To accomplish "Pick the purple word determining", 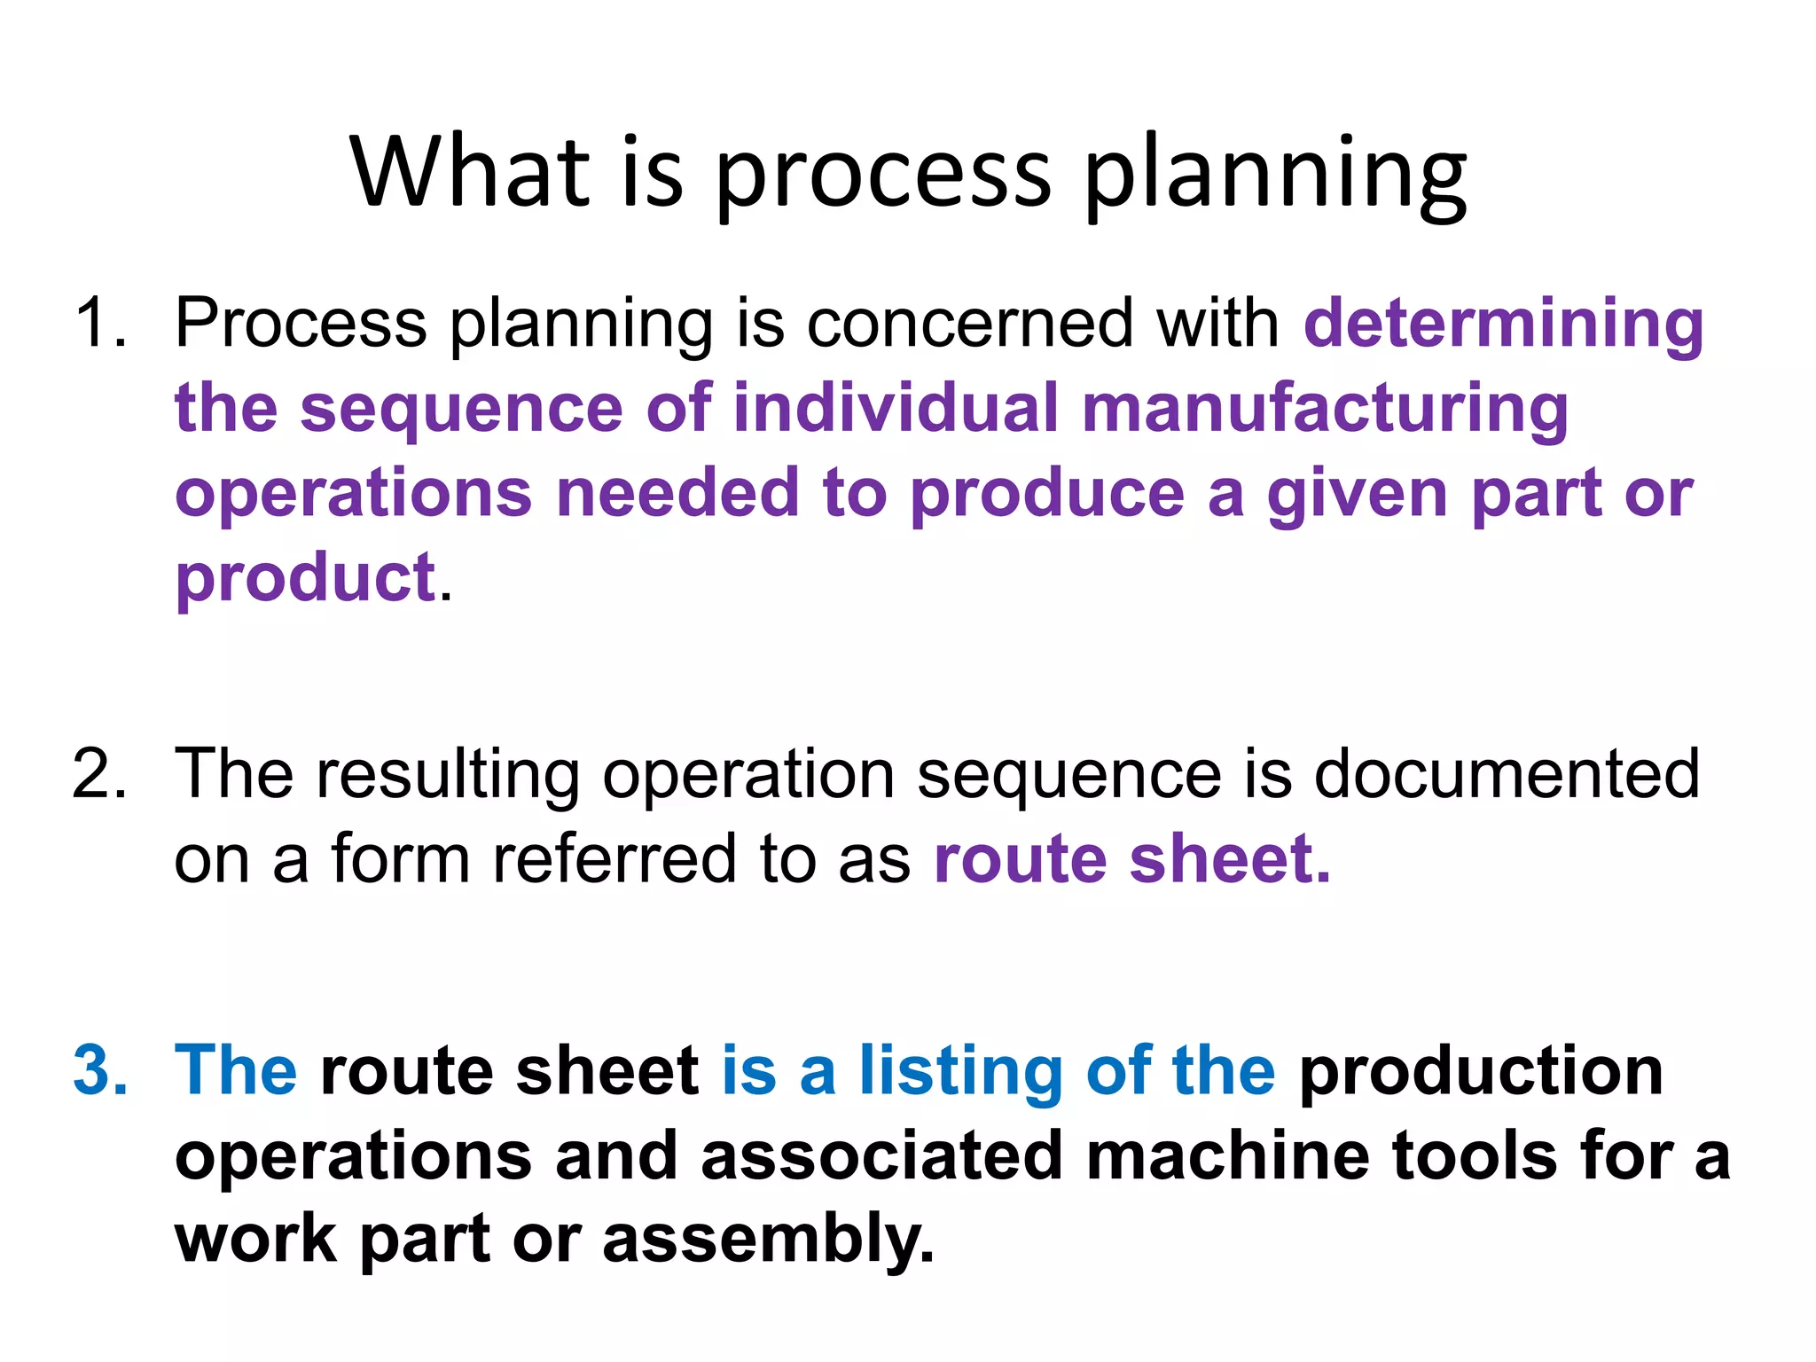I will tap(1503, 324).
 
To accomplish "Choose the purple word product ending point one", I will tap(305, 578).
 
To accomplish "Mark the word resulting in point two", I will tap(448, 774).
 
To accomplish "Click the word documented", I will tap(1506, 774).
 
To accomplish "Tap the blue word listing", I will tap(960, 1070).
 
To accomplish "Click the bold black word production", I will tap(1480, 1070).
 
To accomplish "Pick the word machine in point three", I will tap(1227, 1155).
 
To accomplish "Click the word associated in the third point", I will tap(881, 1155).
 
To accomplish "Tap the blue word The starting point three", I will tap(235, 1070).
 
